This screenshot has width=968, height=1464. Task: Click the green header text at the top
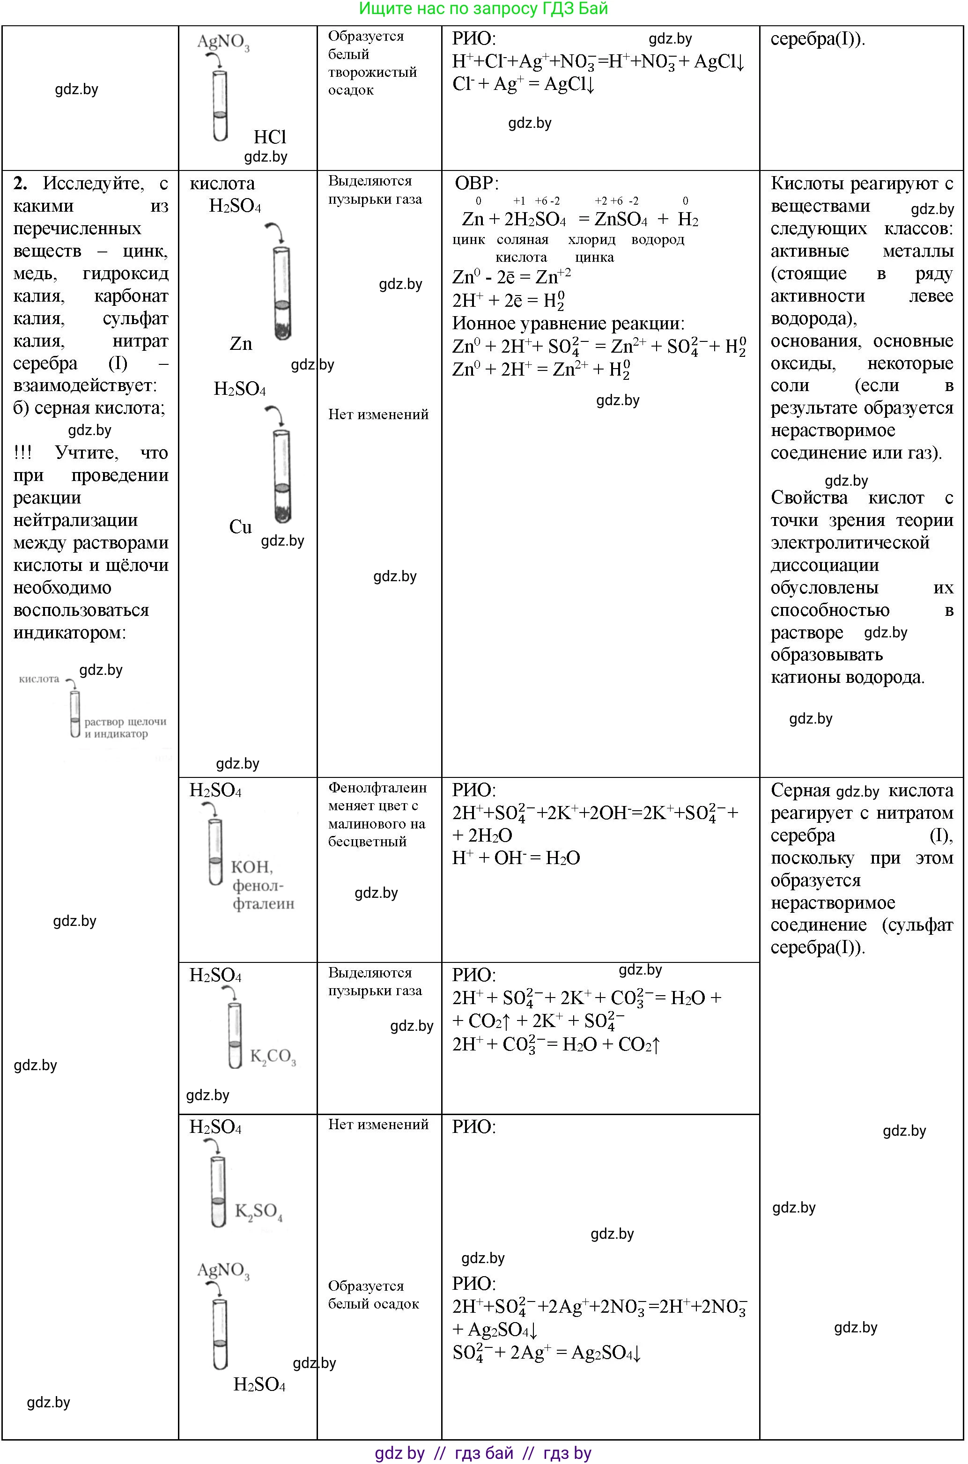pos(483,8)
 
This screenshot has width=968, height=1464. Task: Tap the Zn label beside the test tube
pos(241,344)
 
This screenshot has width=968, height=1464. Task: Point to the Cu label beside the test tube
pos(240,526)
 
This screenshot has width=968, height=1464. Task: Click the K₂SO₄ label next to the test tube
pos(259,1211)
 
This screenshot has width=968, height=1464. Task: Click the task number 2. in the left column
pos(21,183)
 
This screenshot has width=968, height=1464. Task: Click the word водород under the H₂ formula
pos(658,240)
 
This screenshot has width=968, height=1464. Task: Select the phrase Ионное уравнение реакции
pos(568,324)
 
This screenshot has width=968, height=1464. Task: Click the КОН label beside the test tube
pos(251,867)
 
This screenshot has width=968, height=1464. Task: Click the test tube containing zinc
pos(281,293)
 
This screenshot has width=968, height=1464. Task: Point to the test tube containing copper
pos(281,476)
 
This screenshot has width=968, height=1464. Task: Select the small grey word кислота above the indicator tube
pos(39,679)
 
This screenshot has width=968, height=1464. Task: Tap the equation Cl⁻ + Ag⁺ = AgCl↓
pos(523,84)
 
